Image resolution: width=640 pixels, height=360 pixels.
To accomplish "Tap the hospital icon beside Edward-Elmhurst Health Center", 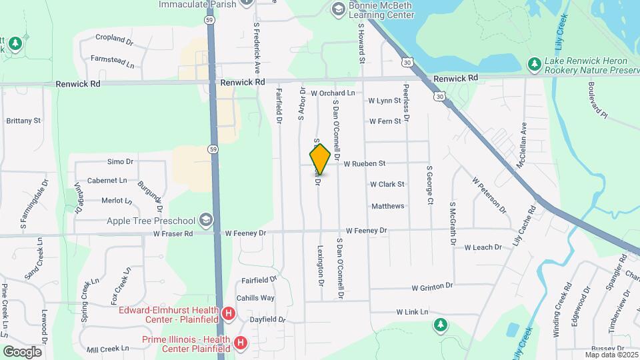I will click(x=229, y=313).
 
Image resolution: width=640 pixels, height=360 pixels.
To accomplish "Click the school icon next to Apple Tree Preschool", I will click(x=207, y=221).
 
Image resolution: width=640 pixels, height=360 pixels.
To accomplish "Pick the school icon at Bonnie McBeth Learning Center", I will click(x=338, y=8).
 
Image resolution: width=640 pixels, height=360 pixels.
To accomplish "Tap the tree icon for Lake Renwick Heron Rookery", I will click(x=533, y=64).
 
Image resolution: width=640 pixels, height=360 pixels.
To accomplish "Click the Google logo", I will click(x=22, y=351).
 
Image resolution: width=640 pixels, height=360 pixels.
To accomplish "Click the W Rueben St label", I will click(x=364, y=163).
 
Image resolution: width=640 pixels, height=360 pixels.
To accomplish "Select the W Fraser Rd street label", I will click(x=173, y=234).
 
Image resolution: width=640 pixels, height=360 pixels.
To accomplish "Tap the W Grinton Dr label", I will click(x=432, y=287).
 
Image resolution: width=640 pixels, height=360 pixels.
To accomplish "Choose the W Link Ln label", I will click(x=411, y=312).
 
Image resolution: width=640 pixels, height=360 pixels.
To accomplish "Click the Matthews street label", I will click(x=388, y=206).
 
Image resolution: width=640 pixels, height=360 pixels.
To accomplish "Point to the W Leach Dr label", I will click(x=483, y=247).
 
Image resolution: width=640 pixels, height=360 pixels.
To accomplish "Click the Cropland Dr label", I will click(x=115, y=38).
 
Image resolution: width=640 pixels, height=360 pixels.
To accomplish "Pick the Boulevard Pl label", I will click(x=598, y=101).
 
